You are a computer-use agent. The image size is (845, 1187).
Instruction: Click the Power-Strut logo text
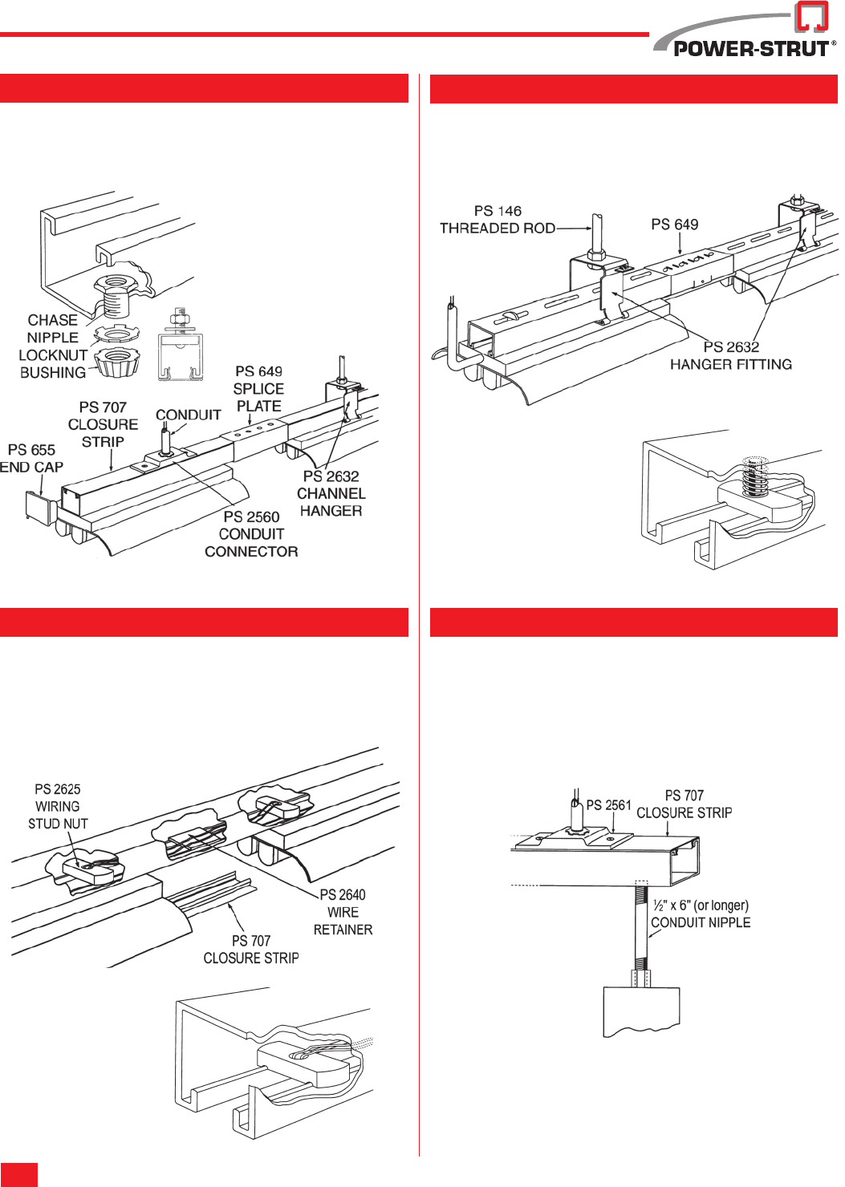(x=751, y=48)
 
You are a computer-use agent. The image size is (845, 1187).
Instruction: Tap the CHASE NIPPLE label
(x=53, y=329)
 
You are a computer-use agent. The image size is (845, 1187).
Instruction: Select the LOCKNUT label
(x=53, y=355)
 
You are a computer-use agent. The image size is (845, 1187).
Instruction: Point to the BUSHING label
(x=53, y=373)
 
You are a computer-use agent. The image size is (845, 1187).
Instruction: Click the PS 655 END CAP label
(x=31, y=459)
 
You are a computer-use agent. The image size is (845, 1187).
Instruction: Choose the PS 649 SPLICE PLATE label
(x=258, y=389)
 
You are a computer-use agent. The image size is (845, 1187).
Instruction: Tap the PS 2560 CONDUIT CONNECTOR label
(x=251, y=534)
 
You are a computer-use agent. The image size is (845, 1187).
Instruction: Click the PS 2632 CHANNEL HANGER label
(x=331, y=493)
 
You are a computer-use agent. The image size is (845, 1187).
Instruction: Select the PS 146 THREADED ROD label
(x=498, y=220)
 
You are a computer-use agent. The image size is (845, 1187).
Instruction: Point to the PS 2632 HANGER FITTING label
(x=731, y=355)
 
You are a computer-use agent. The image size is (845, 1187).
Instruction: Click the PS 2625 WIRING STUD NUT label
(x=58, y=806)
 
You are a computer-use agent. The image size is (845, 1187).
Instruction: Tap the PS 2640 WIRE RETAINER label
(x=343, y=912)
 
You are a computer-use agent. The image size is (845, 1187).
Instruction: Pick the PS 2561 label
(x=608, y=805)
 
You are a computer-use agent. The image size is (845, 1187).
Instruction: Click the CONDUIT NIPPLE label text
(x=701, y=922)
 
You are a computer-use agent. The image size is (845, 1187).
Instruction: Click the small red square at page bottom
(x=19, y=1174)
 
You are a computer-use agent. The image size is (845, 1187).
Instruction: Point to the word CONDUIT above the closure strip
(x=188, y=415)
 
